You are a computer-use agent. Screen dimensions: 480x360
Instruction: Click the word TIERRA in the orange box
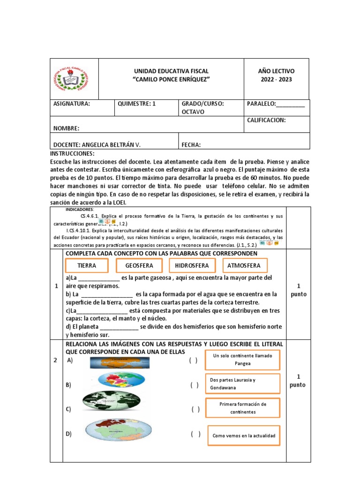[87, 265]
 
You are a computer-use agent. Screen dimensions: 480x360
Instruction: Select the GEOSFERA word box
[139, 265]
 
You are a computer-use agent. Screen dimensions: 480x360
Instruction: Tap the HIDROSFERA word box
[192, 265]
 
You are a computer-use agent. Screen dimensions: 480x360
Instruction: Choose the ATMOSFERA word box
[244, 265]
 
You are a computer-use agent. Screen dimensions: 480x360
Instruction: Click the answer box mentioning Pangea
[242, 360]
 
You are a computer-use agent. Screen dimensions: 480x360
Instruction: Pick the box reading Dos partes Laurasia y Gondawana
[242, 383]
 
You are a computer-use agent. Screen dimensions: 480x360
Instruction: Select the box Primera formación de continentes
[242, 408]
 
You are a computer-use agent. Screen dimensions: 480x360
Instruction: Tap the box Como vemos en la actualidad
[244, 435]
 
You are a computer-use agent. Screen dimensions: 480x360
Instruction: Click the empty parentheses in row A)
[194, 360]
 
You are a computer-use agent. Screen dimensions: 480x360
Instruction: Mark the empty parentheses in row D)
[195, 434]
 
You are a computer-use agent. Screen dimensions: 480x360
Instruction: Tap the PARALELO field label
[276, 104]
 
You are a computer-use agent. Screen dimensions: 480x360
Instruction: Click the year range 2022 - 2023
[276, 79]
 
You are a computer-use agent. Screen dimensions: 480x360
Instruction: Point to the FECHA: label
[191, 145]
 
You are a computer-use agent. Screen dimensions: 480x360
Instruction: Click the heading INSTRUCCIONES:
[72, 154]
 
